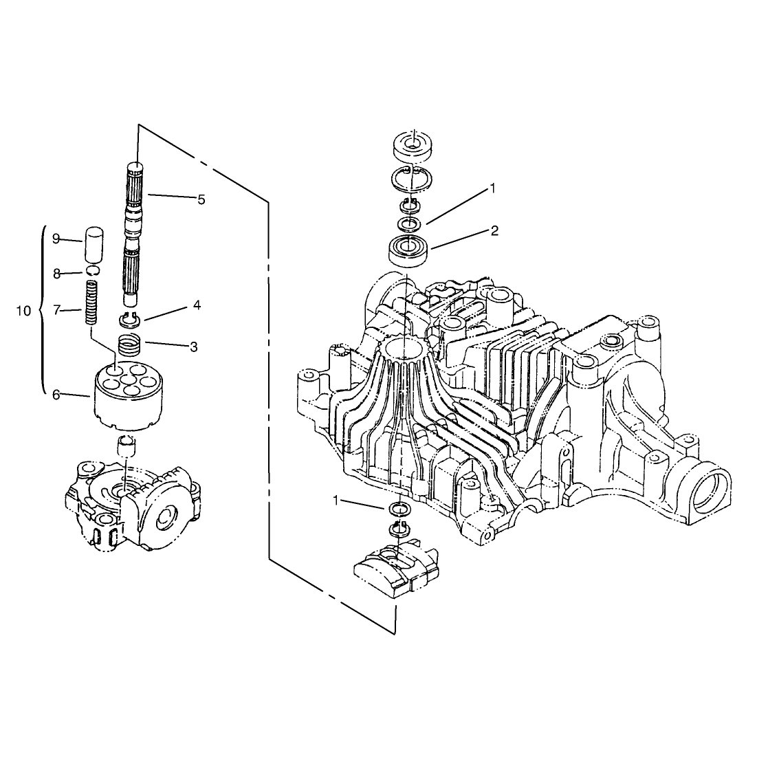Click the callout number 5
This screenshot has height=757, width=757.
click(201, 199)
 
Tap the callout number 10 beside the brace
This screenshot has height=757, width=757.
click(23, 311)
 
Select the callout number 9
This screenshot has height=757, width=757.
click(56, 239)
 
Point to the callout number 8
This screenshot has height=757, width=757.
click(56, 274)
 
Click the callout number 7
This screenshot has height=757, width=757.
click(56, 310)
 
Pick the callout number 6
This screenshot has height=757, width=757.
click(56, 395)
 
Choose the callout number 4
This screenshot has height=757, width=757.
click(197, 305)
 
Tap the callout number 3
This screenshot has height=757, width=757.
click(194, 347)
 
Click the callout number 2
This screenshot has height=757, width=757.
click(494, 231)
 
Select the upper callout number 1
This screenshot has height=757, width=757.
click(492, 188)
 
